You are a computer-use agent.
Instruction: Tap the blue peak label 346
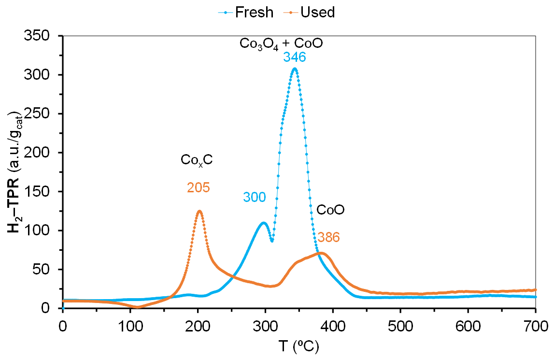pyautogui.click(x=294, y=58)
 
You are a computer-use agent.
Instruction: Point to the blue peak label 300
pyautogui.click(x=255, y=197)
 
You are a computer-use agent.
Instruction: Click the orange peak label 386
pyautogui.click(x=328, y=237)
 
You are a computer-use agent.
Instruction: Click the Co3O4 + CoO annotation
pyautogui.click(x=281, y=43)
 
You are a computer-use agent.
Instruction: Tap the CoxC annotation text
pyautogui.click(x=197, y=160)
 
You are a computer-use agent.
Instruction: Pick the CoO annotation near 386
pyautogui.click(x=330, y=210)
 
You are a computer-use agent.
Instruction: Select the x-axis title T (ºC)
pyautogui.click(x=298, y=346)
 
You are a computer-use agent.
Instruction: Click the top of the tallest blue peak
pyautogui.click(x=294, y=69)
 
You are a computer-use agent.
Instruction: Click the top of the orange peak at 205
pyautogui.click(x=199, y=211)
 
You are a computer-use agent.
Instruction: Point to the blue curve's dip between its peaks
pyautogui.click(x=272, y=240)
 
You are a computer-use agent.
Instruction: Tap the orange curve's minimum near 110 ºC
pyautogui.click(x=137, y=307)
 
